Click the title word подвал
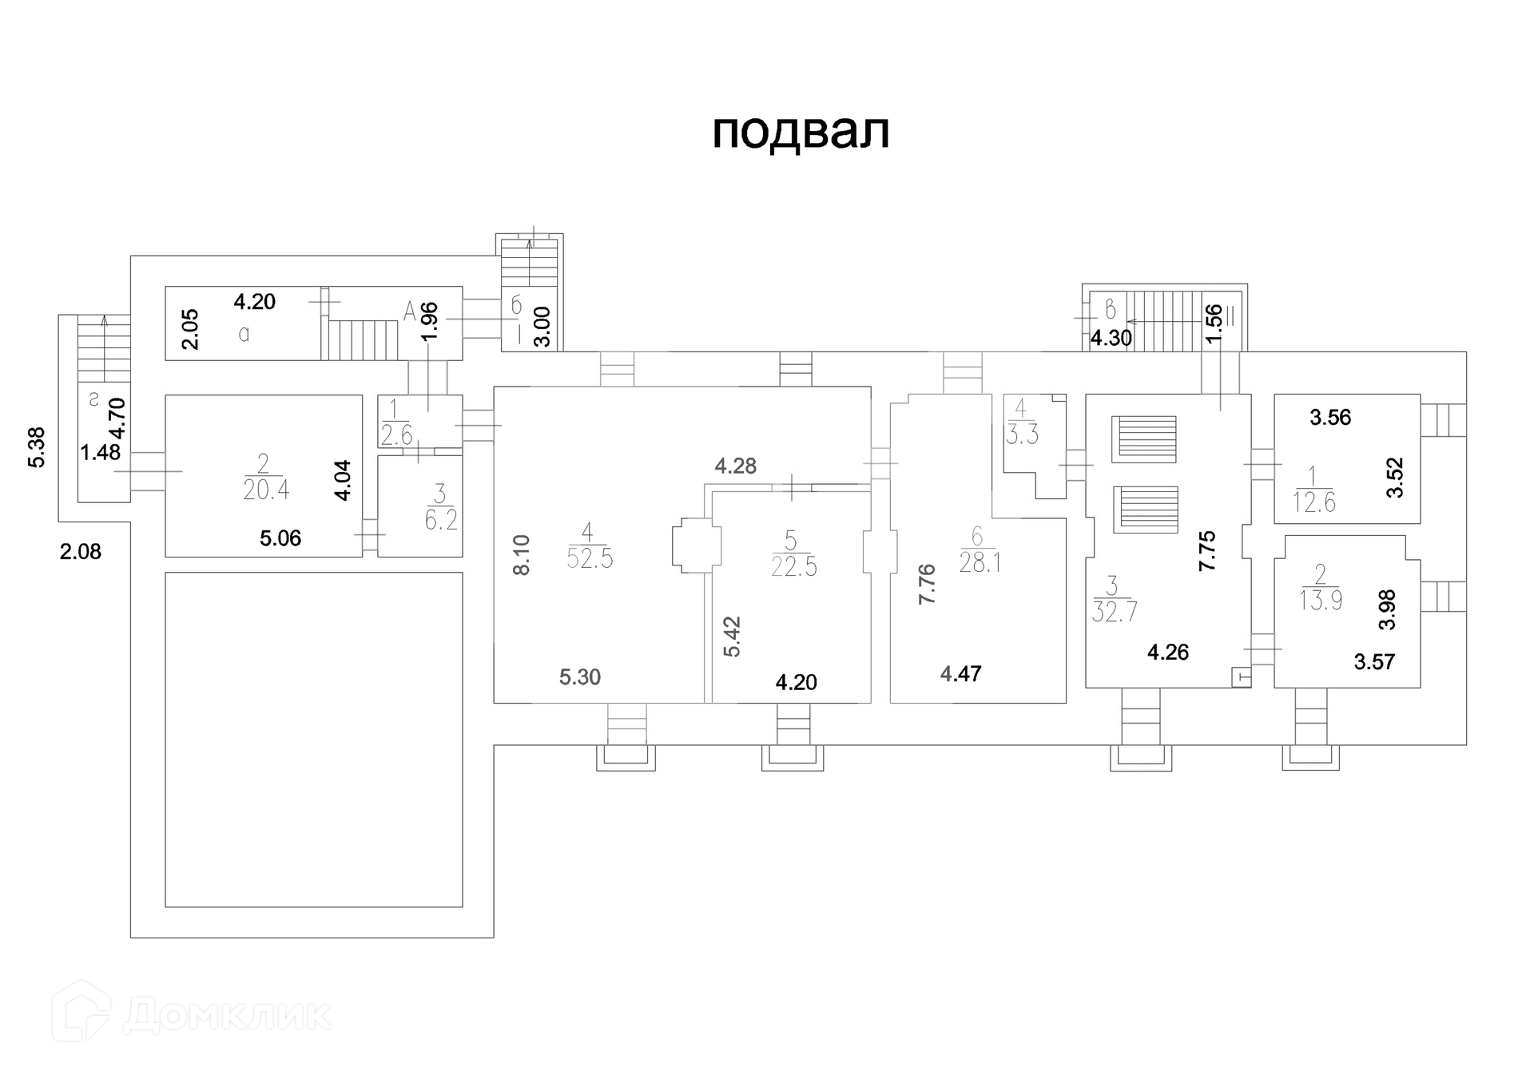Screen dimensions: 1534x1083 pos(801,132)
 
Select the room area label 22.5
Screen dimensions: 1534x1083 pos(793,566)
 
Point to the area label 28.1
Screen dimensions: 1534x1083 pos(980,562)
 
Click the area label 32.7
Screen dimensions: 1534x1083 pos(1115,612)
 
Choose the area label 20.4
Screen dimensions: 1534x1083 pos(266,489)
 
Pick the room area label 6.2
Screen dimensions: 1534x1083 pos(441,520)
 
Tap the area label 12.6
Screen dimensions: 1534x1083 pos(1313,502)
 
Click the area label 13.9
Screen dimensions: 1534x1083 pos(1320,600)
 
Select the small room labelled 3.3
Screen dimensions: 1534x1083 pos(1022,435)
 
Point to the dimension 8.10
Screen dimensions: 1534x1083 pos(521,555)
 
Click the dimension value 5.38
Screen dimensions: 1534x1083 pos(37,447)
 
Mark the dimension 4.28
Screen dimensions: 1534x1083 pos(735,466)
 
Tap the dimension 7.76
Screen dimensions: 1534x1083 pos(927,584)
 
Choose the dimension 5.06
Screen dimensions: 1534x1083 pos(280,538)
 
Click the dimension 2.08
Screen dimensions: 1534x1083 pos(81,551)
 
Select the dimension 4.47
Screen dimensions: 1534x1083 pos(960,674)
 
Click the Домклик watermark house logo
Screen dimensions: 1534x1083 pos(81,1011)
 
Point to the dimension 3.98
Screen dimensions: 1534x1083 pos(1388,609)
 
